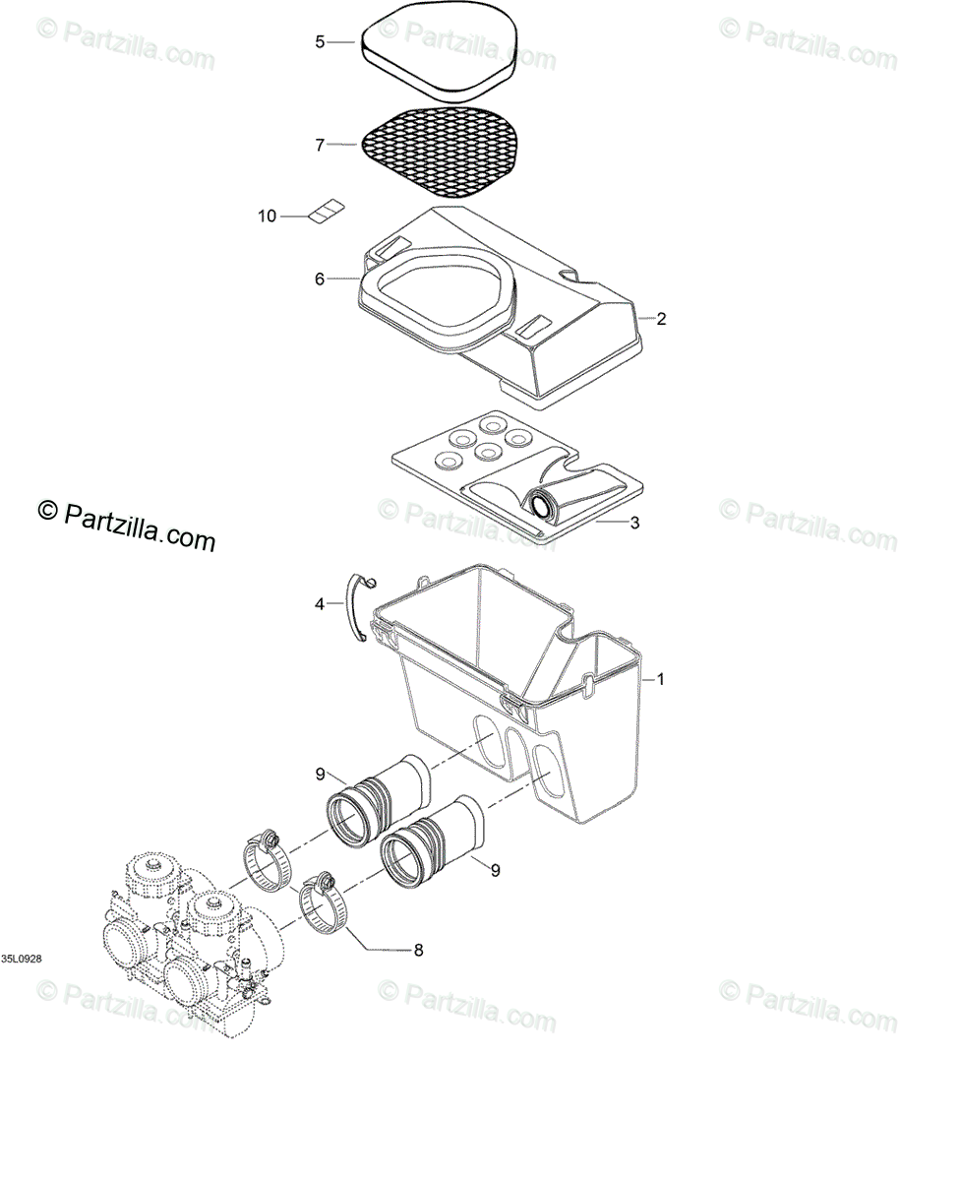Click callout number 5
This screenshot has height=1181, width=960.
(320, 41)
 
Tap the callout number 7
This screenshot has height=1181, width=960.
(320, 145)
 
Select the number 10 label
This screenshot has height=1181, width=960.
(268, 217)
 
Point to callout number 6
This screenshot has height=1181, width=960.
(320, 280)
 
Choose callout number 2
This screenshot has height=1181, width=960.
(661, 319)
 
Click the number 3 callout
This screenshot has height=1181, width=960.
(634, 523)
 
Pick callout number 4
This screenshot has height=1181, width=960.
(320, 604)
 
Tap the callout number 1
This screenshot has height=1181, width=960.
(661, 679)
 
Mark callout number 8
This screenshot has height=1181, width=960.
(418, 950)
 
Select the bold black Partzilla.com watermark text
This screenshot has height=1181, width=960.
(126, 525)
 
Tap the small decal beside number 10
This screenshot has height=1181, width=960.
(326, 212)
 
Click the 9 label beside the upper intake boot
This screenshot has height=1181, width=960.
(321, 775)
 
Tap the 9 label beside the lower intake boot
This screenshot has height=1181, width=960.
(495, 870)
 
